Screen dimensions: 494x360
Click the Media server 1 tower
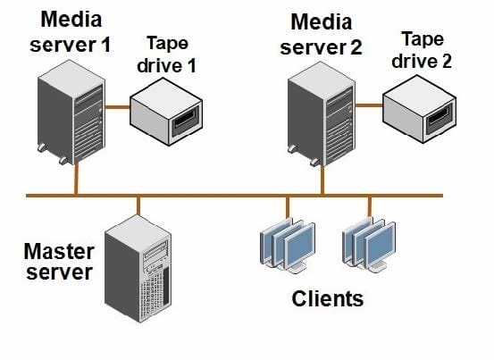[x=71, y=113]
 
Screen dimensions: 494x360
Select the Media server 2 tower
[x=322, y=114]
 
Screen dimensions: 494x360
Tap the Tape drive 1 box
[x=166, y=113]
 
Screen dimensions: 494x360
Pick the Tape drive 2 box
[x=420, y=109]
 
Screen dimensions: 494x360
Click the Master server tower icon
[x=138, y=268]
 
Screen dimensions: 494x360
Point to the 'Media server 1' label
[x=71, y=32]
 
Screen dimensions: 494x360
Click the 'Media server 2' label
[x=321, y=35]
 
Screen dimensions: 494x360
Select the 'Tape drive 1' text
[x=167, y=54]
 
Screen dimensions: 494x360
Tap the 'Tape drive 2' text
[x=422, y=50]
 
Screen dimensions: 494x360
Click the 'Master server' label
[x=59, y=262]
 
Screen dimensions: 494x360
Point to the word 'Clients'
[x=328, y=298]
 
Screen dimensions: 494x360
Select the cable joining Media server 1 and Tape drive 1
[x=118, y=107]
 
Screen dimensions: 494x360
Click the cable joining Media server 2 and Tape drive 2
[x=369, y=105]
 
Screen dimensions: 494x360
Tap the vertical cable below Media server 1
[x=76, y=179]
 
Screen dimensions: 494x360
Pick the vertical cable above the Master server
[x=138, y=206]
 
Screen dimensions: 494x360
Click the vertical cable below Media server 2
[x=322, y=180]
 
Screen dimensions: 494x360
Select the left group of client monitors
[x=288, y=246]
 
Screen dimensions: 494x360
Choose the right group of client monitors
[x=369, y=245]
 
